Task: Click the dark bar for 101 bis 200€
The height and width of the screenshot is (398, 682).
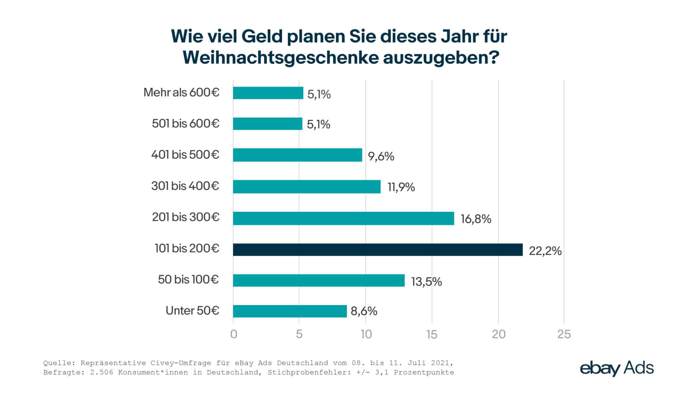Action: click(x=378, y=250)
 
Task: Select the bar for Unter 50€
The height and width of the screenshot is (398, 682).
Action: click(x=290, y=311)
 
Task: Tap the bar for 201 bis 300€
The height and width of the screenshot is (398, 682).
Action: click(x=343, y=218)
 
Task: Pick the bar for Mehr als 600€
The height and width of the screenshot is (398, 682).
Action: click(x=268, y=93)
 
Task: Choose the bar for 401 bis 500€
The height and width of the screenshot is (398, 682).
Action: click(x=297, y=155)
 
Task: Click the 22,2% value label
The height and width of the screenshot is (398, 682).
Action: click(x=545, y=251)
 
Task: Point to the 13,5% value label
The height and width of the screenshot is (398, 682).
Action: click(x=426, y=282)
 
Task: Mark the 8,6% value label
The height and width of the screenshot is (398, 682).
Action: click(x=364, y=311)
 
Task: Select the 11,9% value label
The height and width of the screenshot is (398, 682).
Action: click(x=401, y=188)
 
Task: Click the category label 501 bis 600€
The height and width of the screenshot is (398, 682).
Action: click(x=185, y=124)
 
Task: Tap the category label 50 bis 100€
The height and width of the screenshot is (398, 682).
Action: click(x=188, y=279)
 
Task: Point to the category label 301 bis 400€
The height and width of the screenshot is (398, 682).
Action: click(x=185, y=186)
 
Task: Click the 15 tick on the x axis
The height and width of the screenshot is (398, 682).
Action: click(x=432, y=334)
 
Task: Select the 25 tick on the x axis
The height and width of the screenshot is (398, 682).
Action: click(x=564, y=334)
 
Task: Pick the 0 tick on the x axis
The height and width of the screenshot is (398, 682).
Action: click(x=233, y=334)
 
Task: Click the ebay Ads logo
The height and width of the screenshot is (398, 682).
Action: click(x=617, y=368)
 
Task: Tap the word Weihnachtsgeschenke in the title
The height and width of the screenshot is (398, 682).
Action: click(x=281, y=58)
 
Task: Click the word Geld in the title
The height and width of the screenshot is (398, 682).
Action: click(x=262, y=36)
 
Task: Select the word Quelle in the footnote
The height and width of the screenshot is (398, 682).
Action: click(x=55, y=363)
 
